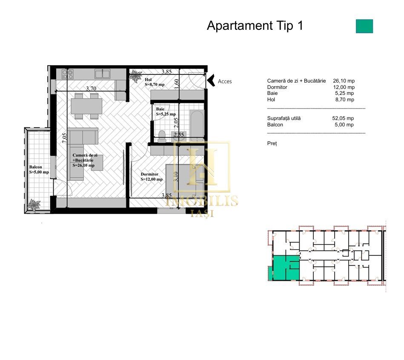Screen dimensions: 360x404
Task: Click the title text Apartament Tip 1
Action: (x=255, y=26)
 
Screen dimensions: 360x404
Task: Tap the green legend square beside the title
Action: (x=364, y=26)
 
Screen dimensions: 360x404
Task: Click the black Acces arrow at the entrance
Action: (x=210, y=80)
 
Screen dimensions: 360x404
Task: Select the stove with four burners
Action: (x=67, y=74)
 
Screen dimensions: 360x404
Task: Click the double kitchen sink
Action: (x=102, y=74)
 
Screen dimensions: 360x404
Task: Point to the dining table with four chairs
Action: (x=86, y=106)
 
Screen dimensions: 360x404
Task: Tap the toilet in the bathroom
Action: (x=161, y=135)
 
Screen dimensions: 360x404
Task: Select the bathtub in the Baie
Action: (x=197, y=125)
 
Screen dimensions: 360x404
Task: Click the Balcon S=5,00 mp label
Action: (x=39, y=169)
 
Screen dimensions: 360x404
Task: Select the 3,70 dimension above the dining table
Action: (x=91, y=89)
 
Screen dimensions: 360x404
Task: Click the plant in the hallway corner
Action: (x=136, y=76)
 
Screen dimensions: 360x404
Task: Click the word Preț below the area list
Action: (x=272, y=144)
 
